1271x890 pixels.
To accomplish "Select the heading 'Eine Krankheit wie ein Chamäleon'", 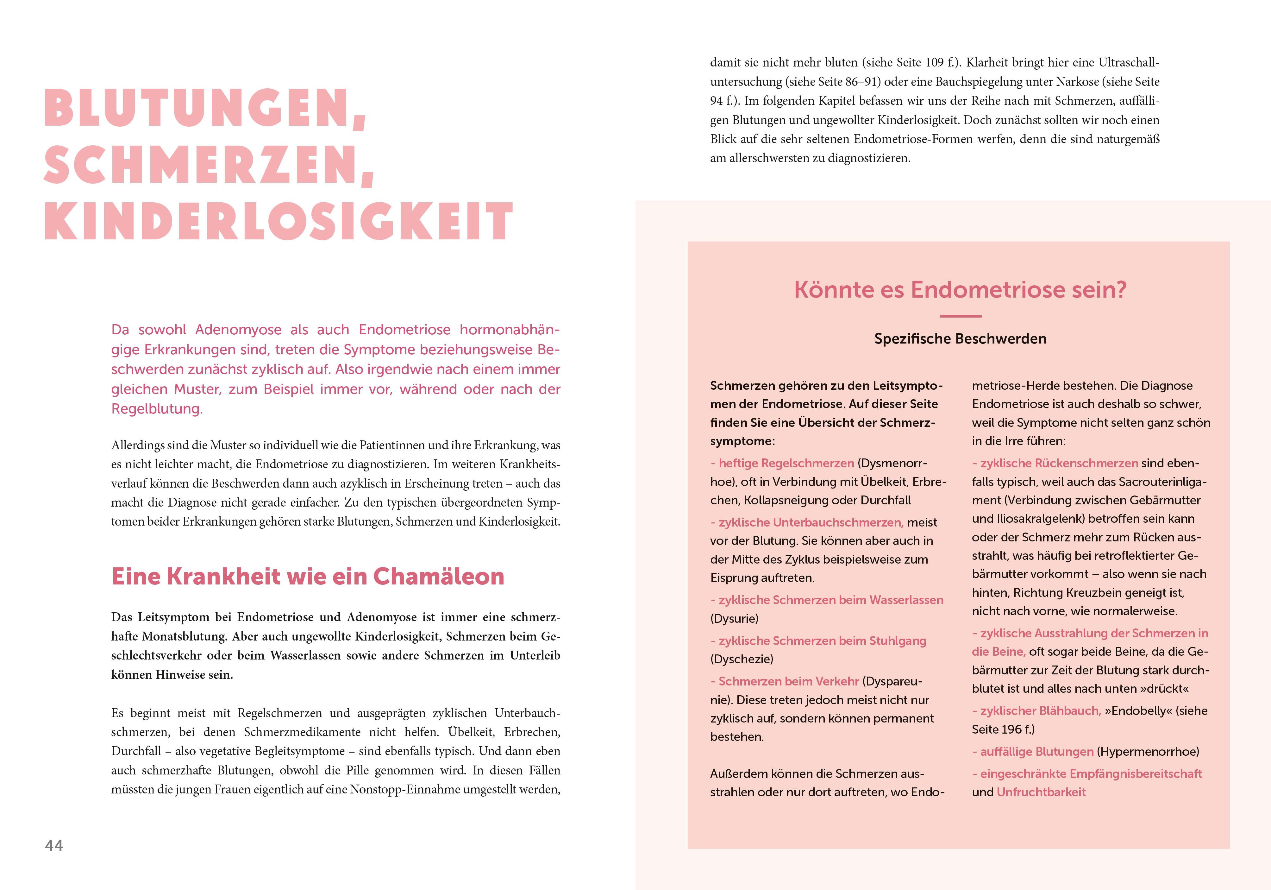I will click(308, 577).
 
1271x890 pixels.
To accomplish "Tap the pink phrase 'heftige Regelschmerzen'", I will click(786, 463).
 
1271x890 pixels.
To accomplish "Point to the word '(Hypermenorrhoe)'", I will click(1148, 752).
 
